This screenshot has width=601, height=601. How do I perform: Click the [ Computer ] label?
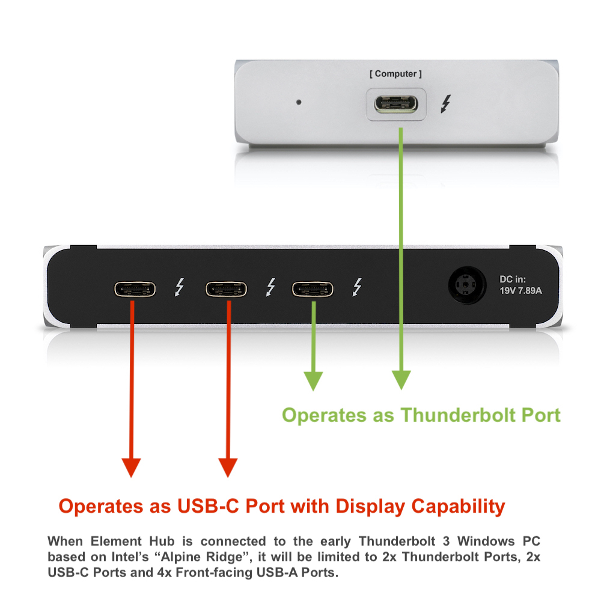click(x=395, y=74)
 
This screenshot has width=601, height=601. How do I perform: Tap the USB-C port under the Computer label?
click(x=396, y=105)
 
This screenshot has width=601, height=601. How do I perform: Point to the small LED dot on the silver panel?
click(x=299, y=102)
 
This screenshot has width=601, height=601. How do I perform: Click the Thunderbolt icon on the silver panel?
click(x=445, y=105)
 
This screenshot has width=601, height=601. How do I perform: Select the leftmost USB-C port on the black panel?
click(x=135, y=289)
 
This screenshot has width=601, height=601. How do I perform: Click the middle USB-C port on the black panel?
click(x=226, y=289)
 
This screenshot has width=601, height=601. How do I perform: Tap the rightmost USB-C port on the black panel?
click(x=313, y=289)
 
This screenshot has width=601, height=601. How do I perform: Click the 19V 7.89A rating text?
click(x=520, y=291)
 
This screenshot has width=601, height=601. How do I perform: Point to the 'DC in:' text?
click(x=513, y=279)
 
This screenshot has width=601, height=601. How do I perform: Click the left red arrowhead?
click(x=131, y=467)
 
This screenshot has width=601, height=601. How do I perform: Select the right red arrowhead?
click(x=228, y=467)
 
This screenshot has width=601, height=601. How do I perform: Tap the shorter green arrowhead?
click(x=313, y=380)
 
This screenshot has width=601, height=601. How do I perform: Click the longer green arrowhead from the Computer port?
click(x=401, y=379)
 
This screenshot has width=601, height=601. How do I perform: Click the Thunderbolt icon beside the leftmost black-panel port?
click(x=178, y=288)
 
